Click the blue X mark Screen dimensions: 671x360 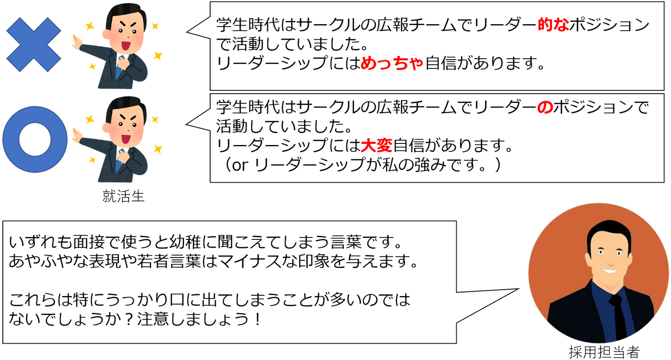pyautogui.click(x=34, y=45)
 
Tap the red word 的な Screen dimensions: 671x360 pyautogui.click(x=553, y=25)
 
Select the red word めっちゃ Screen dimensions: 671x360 pyautogui.click(x=392, y=63)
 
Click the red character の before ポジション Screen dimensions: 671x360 pyautogui.click(x=545, y=107)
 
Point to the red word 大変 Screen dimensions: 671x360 pyautogui.click(x=377, y=146)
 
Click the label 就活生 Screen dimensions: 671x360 pyautogui.click(x=123, y=197)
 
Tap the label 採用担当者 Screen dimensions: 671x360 pyautogui.click(x=604, y=352)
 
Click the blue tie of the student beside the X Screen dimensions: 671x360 pyautogui.click(x=120, y=65)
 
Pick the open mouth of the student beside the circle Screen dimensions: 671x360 pyautogui.click(x=125, y=139)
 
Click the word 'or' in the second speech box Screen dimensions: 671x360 pyautogui.click(x=240, y=165)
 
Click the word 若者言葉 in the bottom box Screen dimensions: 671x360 pyautogui.click(x=169, y=261)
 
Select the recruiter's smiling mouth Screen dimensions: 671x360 pyautogui.click(x=610, y=272)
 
